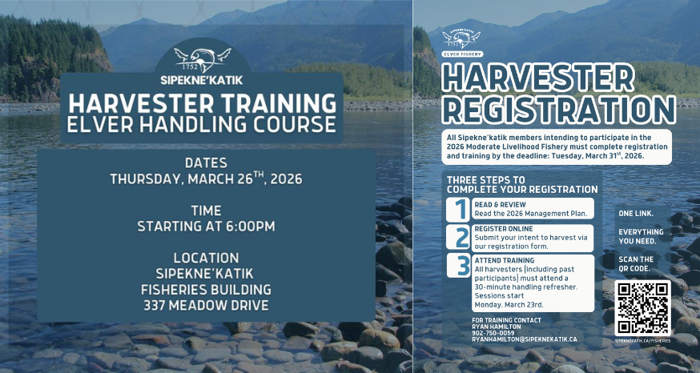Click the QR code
[642, 307]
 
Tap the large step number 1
[459, 210]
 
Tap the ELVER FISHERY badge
[463, 54]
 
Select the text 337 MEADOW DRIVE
[206, 305]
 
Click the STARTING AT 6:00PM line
[206, 227]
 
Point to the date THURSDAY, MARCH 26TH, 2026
[206, 178]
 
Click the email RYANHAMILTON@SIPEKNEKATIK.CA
[525, 339]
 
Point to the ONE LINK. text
[635, 214]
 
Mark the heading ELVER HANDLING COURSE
[201, 125]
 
